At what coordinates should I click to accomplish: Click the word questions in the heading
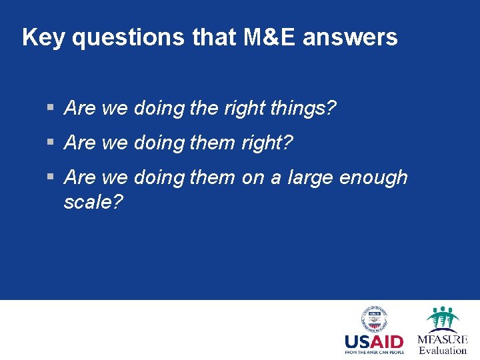tap(127, 37)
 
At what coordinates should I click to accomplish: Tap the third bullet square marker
tap(51, 177)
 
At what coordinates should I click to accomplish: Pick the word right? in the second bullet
tap(267, 143)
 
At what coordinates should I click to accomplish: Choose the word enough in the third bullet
tap(373, 177)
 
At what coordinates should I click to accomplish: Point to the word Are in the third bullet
tap(80, 177)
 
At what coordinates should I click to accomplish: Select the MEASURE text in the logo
tap(443, 339)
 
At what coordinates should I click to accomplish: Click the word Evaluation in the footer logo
tap(443, 350)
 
